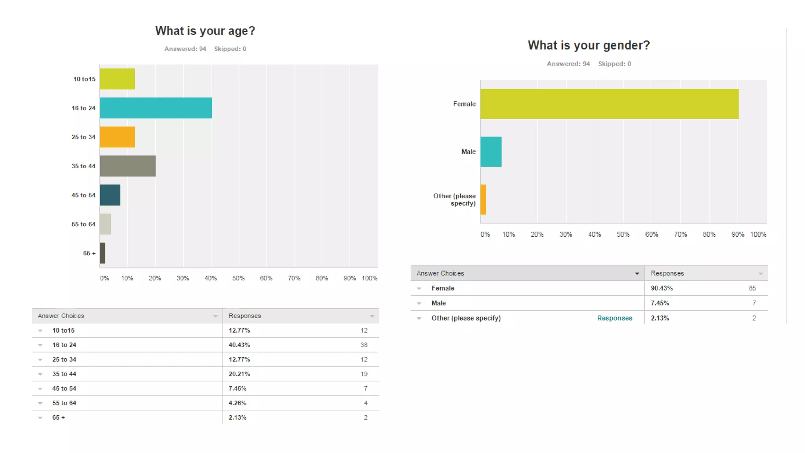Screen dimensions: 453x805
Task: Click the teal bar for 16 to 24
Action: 156,108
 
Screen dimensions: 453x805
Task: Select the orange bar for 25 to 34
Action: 117,137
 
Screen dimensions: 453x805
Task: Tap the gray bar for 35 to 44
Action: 127,166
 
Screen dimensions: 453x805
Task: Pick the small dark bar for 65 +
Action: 103,253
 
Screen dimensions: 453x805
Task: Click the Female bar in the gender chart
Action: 609,104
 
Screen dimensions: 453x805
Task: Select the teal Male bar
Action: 491,152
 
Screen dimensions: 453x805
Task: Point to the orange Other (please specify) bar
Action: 483,199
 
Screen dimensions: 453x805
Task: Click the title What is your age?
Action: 205,31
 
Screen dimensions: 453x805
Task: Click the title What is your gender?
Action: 588,45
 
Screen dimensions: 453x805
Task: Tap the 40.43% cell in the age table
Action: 239,345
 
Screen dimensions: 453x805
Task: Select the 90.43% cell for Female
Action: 662,288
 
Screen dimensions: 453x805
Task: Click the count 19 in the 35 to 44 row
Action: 364,374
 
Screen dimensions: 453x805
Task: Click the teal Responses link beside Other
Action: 614,318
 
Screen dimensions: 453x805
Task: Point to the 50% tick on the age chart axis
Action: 238,278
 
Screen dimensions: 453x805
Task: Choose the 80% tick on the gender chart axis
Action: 709,234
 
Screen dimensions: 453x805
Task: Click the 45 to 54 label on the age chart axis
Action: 83,195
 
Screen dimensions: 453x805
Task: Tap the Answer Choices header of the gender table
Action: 440,273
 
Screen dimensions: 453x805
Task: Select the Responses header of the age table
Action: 244,316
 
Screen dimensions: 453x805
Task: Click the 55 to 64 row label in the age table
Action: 64,403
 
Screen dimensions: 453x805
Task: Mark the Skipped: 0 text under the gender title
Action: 614,64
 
